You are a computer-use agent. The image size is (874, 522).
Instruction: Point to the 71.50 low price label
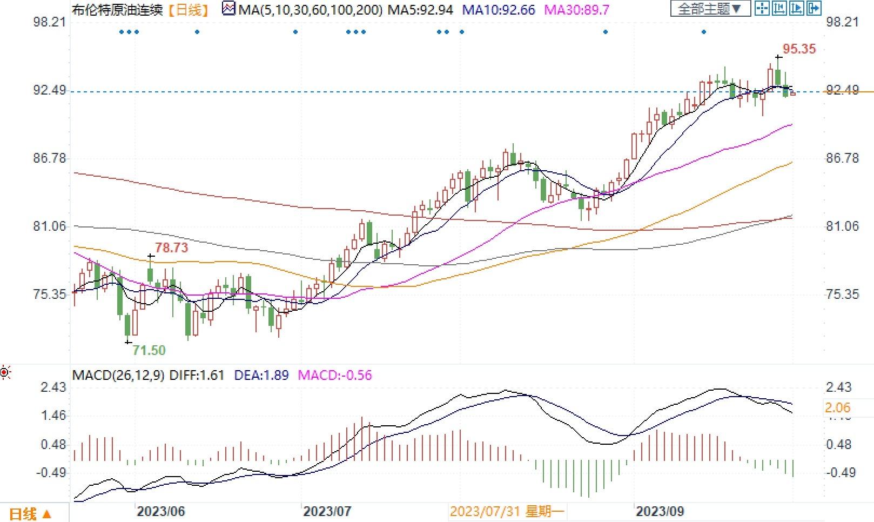click(x=149, y=350)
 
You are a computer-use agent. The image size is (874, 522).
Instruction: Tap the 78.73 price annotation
click(x=172, y=248)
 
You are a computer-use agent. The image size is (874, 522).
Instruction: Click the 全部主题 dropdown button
click(x=710, y=9)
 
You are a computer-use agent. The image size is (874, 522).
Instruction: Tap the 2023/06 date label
click(x=160, y=511)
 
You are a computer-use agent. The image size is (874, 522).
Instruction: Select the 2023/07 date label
click(x=328, y=511)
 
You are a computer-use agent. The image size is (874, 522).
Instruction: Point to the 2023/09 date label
click(x=660, y=511)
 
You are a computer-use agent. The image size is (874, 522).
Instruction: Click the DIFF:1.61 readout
click(x=197, y=375)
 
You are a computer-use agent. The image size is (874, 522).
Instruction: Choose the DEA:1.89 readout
click(x=261, y=375)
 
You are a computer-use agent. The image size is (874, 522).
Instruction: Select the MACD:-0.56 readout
click(x=335, y=375)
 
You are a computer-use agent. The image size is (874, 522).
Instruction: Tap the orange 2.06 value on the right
click(x=838, y=408)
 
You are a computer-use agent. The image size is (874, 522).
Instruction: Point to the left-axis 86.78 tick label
click(x=50, y=158)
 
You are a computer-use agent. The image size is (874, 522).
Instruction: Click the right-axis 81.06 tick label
click(x=843, y=226)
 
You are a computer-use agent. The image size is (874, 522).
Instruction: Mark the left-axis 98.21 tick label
click(x=50, y=22)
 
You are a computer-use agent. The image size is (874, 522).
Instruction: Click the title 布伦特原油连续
click(x=117, y=9)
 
